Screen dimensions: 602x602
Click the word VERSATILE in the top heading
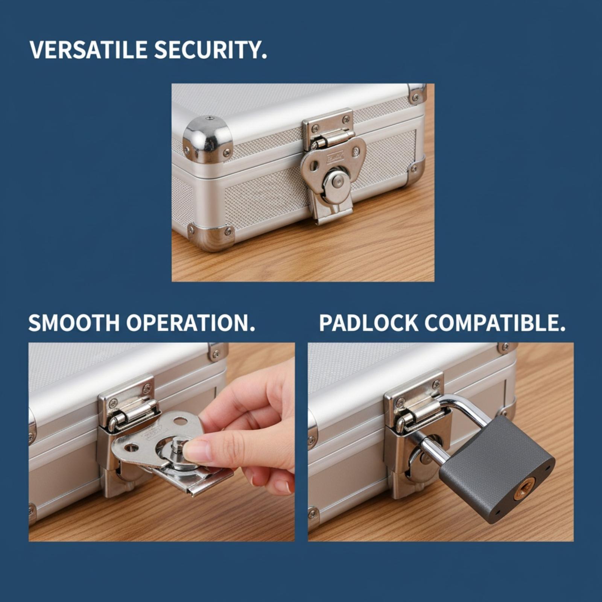tap(88, 50)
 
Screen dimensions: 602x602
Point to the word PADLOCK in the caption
tap(369, 323)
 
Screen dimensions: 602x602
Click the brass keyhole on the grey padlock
tap(524, 488)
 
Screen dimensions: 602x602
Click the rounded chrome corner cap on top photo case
tap(208, 138)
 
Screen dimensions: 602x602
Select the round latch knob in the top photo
tap(336, 184)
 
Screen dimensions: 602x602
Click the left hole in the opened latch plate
tap(131, 447)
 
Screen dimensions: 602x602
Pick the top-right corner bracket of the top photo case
tap(417, 93)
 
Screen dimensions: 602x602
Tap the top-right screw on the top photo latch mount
tap(346, 120)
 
